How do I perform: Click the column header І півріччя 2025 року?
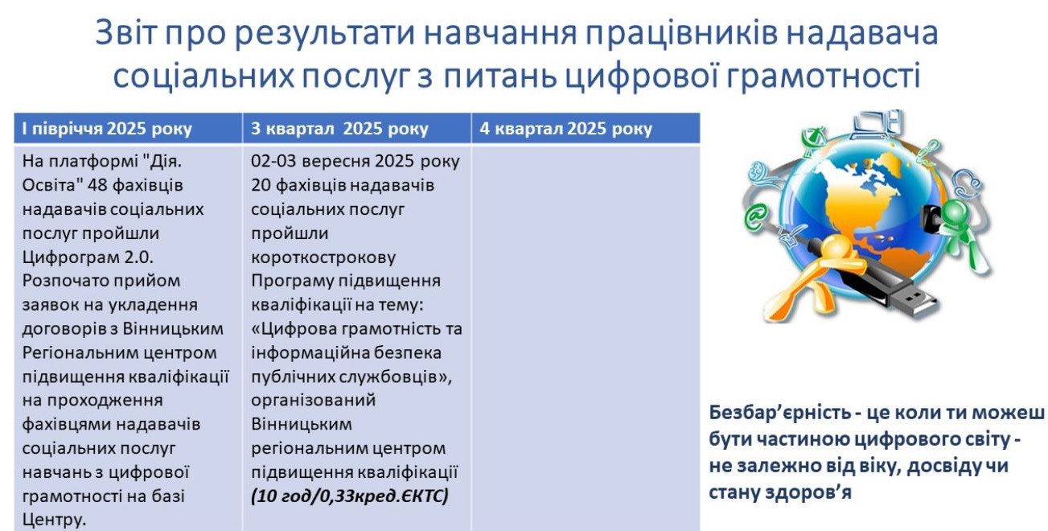pyautogui.click(x=107, y=129)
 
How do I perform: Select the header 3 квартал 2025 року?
pyautogui.click(x=339, y=129)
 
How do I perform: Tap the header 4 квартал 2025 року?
pyautogui.click(x=565, y=129)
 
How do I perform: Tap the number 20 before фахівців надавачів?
pyautogui.click(x=261, y=185)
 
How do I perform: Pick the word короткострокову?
pyautogui.click(x=323, y=257)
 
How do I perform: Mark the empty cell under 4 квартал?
pyautogui.click(x=586, y=338)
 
